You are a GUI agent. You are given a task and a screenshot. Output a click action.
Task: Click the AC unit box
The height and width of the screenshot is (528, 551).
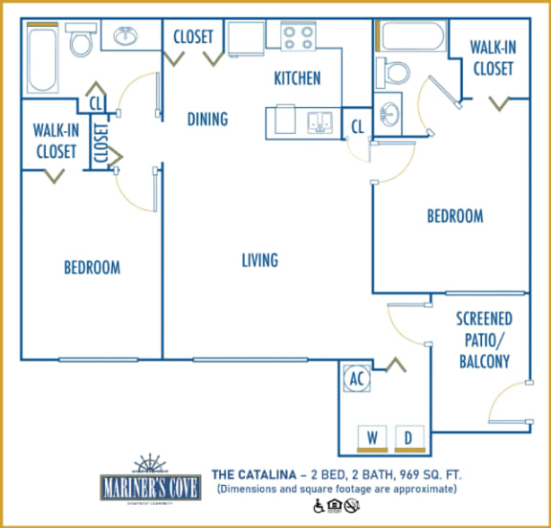[x=358, y=379]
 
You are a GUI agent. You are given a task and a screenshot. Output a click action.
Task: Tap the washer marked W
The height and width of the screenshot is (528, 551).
[x=372, y=438]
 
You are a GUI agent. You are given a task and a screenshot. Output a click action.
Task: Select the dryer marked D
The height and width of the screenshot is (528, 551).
[x=406, y=438]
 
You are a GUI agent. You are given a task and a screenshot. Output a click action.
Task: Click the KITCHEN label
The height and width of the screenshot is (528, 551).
[x=297, y=78]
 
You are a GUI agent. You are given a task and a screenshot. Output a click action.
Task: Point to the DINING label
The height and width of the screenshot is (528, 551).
[x=208, y=120]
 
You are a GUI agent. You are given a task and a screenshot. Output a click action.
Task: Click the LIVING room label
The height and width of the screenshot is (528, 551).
[x=259, y=260]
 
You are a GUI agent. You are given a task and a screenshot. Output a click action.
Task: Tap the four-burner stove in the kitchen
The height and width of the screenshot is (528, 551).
[x=298, y=37]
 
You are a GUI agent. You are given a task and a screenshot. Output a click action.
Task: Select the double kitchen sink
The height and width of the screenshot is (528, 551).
[x=320, y=122]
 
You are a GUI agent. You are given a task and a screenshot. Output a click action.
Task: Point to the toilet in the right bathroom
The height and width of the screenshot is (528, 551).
[x=393, y=72]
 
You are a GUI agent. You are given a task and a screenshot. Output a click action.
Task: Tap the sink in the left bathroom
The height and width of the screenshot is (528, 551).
[x=124, y=37]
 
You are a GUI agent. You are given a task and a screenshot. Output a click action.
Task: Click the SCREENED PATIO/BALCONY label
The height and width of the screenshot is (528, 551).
[x=483, y=340]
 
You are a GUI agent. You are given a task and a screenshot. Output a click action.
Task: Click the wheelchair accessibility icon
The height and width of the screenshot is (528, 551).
[x=318, y=506]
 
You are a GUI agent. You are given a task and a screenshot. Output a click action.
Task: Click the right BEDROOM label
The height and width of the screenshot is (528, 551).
[x=454, y=216]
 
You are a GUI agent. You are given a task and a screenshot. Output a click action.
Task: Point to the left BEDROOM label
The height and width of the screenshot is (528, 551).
[x=92, y=267]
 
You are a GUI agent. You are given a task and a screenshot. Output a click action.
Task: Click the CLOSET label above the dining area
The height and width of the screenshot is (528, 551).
[x=193, y=37]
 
